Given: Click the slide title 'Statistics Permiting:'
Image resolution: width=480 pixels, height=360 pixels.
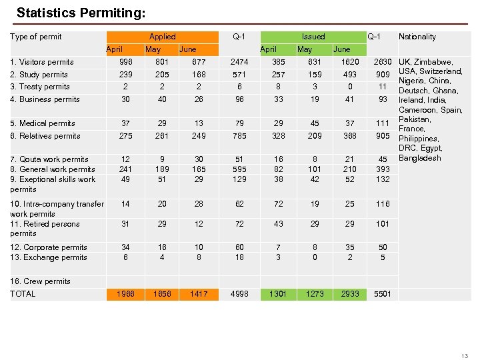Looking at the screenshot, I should [x=81, y=13].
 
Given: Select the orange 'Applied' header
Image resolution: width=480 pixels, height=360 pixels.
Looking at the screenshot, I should [x=162, y=37].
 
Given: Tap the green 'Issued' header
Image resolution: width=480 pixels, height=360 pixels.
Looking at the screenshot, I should [x=313, y=37].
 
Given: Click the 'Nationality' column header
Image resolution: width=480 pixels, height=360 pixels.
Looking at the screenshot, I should [x=417, y=37].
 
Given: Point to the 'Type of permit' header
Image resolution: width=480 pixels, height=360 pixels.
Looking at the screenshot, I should [x=36, y=37].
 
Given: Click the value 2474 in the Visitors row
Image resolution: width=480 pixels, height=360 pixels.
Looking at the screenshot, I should [x=239, y=62].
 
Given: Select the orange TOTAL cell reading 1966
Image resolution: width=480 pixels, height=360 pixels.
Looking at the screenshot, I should [x=125, y=294].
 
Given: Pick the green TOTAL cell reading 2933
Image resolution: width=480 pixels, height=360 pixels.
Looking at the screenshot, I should [x=349, y=294].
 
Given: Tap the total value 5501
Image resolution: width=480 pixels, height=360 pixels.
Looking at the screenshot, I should [x=383, y=294].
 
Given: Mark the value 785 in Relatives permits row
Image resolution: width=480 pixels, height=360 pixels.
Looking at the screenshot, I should [x=239, y=136].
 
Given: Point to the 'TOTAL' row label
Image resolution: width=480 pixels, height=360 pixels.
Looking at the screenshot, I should [x=23, y=294].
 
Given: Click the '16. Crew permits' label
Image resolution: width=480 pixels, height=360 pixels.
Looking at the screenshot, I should [x=40, y=281].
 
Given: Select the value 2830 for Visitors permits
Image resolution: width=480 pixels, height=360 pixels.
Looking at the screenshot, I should [x=383, y=62].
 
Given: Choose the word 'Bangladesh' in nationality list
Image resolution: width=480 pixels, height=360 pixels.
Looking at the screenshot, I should [x=420, y=158].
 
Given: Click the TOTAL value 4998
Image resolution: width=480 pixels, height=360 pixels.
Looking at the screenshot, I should [x=239, y=294].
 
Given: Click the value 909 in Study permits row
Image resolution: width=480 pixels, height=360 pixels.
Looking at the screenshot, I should [x=383, y=75].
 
